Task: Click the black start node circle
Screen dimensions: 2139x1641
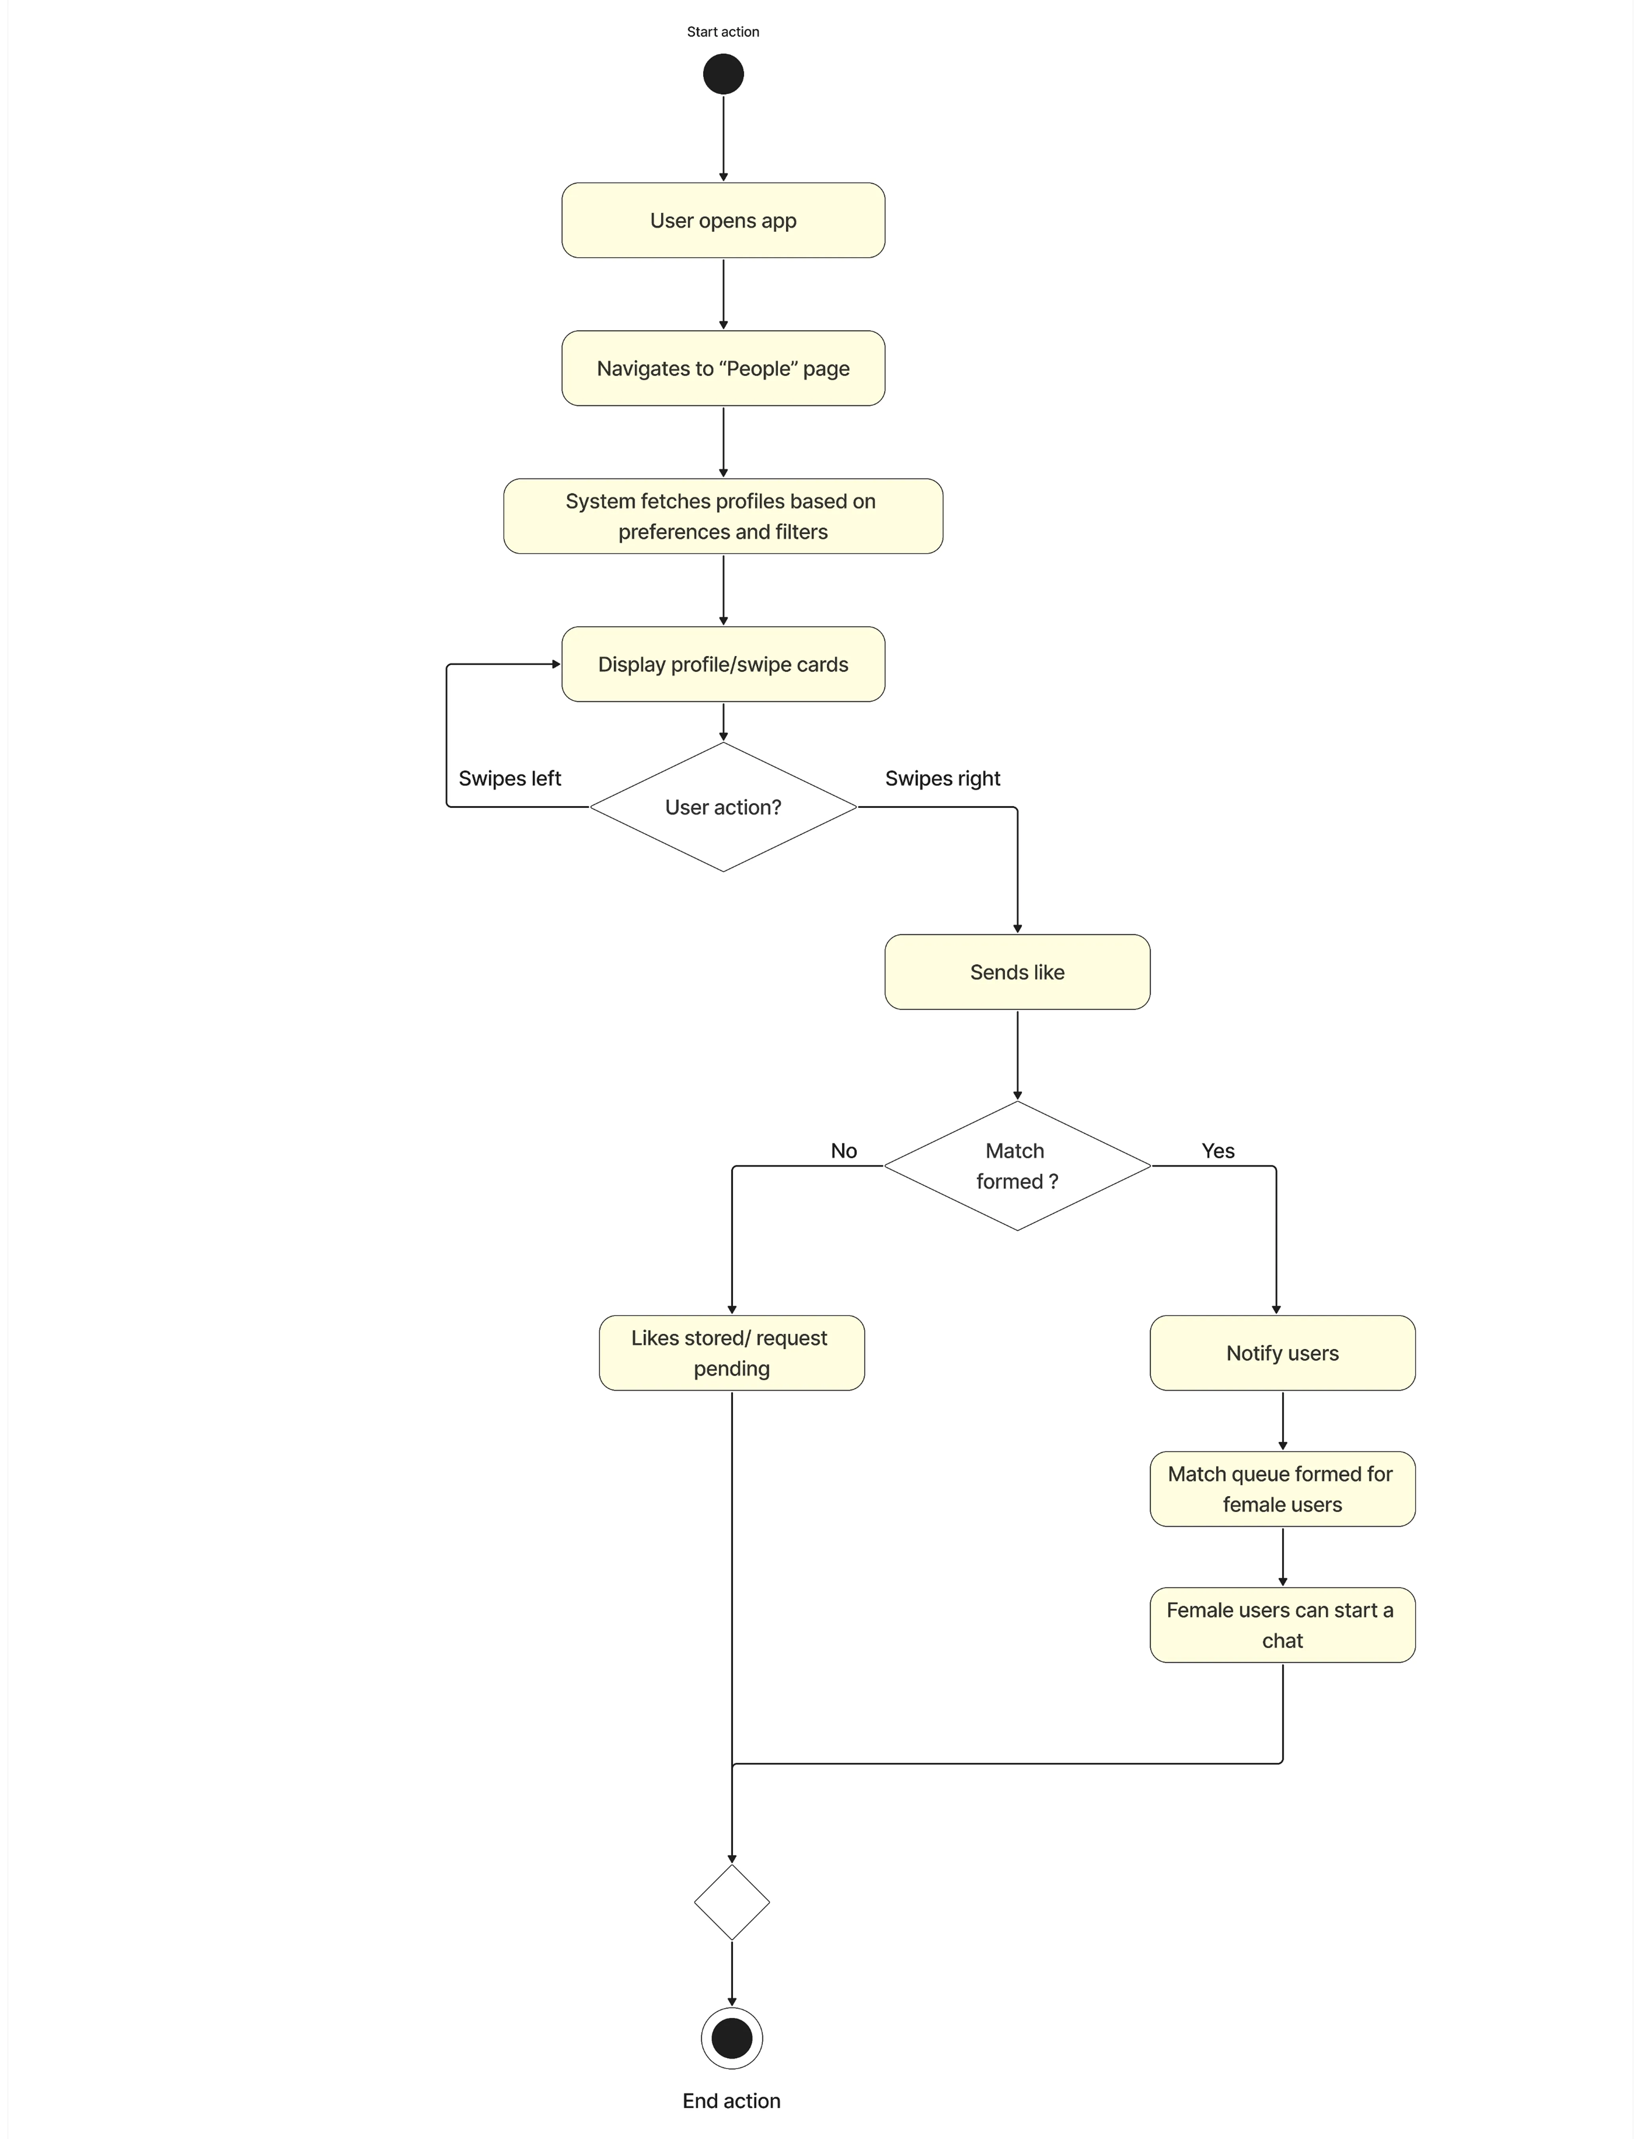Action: point(723,74)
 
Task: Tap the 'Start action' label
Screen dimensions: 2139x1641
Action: point(723,31)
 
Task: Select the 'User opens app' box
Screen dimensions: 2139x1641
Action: point(723,221)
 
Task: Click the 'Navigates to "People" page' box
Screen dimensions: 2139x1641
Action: point(723,368)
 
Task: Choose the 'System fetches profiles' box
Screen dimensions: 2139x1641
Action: point(723,516)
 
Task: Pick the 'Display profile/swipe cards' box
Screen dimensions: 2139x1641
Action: point(723,664)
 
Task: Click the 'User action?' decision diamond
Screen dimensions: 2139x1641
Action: point(723,807)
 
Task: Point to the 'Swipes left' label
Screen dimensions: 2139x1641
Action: point(510,779)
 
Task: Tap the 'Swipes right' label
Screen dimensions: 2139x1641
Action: point(943,779)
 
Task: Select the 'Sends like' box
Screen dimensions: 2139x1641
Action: point(1017,972)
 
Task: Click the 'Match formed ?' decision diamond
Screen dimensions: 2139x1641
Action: point(1017,1166)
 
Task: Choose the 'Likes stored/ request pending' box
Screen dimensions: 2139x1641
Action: point(732,1353)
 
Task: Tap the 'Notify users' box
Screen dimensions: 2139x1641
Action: point(1282,1353)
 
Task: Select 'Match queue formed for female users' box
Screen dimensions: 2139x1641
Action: point(1282,1489)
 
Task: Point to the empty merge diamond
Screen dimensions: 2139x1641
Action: point(732,1902)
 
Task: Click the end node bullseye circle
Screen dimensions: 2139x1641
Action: point(732,2038)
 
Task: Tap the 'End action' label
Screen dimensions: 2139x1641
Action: point(732,2101)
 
